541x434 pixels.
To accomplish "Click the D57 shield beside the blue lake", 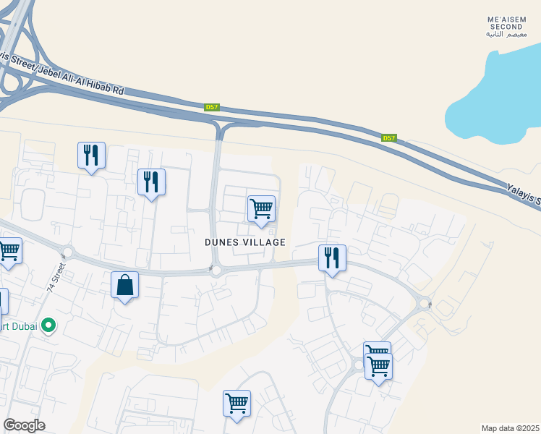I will (389, 138).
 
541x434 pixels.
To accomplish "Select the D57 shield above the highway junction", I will (211, 107).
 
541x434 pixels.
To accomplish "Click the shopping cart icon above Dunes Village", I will (261, 209).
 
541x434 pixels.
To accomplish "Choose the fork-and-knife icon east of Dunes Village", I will (332, 258).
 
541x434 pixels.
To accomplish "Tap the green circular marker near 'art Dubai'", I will (48, 326).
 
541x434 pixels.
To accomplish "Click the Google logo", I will (24, 425).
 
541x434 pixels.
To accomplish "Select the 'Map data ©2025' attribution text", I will (511, 428).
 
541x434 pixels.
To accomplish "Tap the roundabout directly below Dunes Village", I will (216, 271).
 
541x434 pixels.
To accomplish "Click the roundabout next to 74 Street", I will (69, 252).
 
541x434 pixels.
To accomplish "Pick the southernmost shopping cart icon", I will (237, 403).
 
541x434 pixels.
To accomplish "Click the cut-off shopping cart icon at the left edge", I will (9, 250).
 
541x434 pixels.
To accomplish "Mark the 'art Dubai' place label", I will (18, 326).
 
